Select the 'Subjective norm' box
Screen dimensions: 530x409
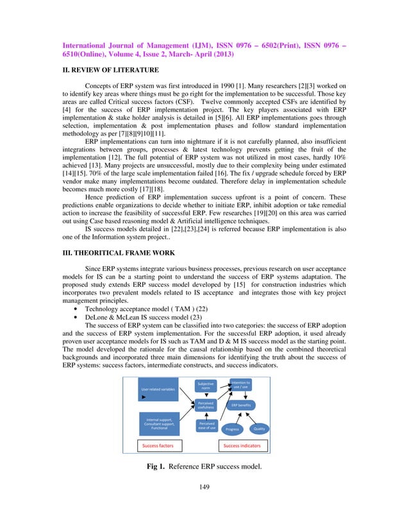coord(206,386)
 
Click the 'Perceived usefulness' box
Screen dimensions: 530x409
coord(206,406)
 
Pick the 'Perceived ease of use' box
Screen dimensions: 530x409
coord(206,426)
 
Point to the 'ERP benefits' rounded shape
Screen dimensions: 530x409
coord(241,405)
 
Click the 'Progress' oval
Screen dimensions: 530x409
coord(232,429)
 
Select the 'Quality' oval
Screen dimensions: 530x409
coord(259,428)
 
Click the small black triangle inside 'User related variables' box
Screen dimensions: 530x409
coord(143,397)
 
